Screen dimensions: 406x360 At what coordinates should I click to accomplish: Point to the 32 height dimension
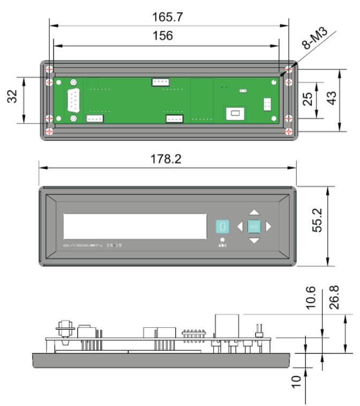(x=13, y=97)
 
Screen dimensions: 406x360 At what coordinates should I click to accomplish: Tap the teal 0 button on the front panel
(x=222, y=227)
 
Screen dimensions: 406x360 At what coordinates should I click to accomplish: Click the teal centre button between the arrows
(x=254, y=227)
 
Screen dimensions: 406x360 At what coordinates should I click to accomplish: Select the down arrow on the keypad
(x=254, y=241)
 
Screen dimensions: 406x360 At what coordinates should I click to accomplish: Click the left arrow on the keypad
(x=240, y=227)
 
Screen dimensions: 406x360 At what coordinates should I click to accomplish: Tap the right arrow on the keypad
(x=268, y=227)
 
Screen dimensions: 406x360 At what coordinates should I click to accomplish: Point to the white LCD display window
(x=135, y=226)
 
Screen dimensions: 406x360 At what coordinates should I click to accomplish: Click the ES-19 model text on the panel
(x=115, y=245)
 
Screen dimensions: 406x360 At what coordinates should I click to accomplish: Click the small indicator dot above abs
(x=222, y=239)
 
